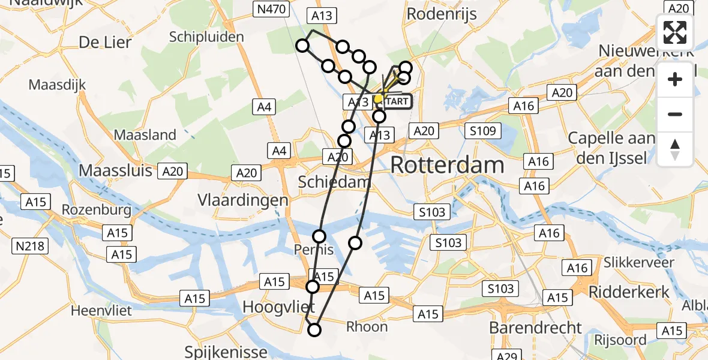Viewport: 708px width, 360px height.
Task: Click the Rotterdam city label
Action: [447, 164]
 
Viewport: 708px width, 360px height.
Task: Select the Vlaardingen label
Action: [244, 200]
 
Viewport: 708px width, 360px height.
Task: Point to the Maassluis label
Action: [115, 170]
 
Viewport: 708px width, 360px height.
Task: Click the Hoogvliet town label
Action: [279, 307]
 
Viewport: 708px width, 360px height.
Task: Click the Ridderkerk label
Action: [629, 292]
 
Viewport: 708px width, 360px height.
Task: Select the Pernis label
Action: [314, 249]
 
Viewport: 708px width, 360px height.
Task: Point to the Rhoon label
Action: [367, 327]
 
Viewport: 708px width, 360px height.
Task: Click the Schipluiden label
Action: [206, 37]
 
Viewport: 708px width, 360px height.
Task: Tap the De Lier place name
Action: [106, 42]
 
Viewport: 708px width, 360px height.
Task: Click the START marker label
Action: [396, 101]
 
